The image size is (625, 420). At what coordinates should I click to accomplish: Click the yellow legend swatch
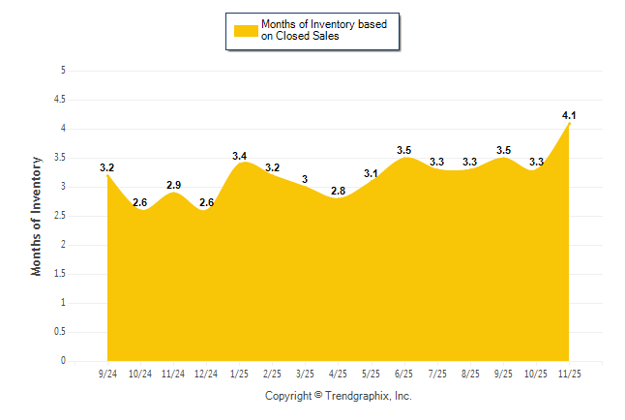coord(246,30)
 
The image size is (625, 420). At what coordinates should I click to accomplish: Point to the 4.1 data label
coord(569,115)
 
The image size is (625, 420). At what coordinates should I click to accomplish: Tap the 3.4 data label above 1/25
coord(240,156)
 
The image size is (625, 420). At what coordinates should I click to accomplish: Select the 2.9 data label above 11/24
coord(173,185)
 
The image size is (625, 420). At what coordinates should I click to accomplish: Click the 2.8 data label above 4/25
coord(339,191)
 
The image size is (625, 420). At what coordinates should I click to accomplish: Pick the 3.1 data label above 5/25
coord(372,173)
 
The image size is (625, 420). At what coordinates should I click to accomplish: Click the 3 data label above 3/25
coord(306,179)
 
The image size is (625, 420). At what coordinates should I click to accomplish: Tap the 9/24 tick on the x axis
coord(107,373)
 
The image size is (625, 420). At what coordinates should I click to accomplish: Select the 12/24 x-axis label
coord(206,373)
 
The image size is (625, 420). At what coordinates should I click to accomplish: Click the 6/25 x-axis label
coord(404,373)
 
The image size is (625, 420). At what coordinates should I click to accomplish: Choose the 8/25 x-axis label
coord(470,373)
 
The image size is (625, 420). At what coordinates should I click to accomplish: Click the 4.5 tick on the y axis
coord(60,99)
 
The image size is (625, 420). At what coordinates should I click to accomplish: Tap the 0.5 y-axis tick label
coord(60,331)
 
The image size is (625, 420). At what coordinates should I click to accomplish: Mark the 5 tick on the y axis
coord(63,70)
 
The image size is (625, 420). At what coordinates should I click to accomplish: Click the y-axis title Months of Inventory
coord(37,216)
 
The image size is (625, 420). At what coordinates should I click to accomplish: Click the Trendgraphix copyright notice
coord(339,396)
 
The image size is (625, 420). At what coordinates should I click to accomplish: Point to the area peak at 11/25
coord(569,123)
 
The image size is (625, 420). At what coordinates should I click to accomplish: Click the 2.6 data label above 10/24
coord(140,202)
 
